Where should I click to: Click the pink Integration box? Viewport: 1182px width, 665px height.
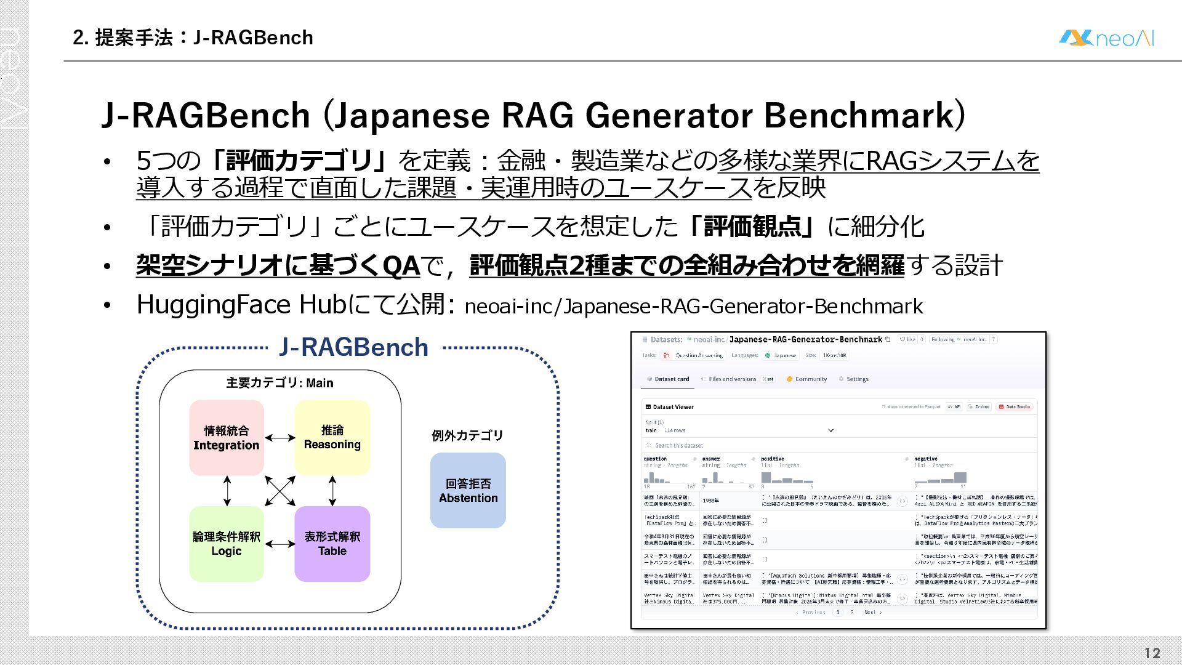pos(227,438)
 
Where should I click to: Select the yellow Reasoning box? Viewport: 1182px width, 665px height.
pos(332,437)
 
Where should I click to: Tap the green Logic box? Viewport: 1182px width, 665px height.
pos(227,544)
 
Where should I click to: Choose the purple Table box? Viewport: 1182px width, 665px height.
pos(332,544)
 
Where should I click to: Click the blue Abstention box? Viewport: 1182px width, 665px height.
pos(468,491)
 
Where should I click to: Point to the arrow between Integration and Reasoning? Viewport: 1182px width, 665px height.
pos(279,438)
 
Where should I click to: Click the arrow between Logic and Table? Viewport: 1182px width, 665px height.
pos(279,544)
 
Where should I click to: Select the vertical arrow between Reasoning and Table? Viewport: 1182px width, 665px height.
pos(332,491)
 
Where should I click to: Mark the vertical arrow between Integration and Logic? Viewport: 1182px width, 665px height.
pos(227,491)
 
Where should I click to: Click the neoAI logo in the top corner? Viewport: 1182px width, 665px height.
pos(1106,38)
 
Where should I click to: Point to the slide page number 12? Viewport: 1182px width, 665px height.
pos(1152,653)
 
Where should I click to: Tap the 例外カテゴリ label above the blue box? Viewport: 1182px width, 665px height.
pos(467,436)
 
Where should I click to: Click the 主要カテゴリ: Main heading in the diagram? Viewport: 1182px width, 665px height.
pos(279,383)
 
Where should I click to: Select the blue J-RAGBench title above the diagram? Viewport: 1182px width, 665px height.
pos(353,347)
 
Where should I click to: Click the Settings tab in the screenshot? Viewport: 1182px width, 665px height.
pos(856,379)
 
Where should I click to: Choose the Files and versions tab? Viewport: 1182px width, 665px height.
pos(732,379)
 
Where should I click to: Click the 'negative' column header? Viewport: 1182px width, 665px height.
pos(926,459)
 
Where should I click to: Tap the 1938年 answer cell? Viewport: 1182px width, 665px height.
pos(710,501)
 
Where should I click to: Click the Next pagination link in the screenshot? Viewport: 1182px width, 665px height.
pos(872,612)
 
